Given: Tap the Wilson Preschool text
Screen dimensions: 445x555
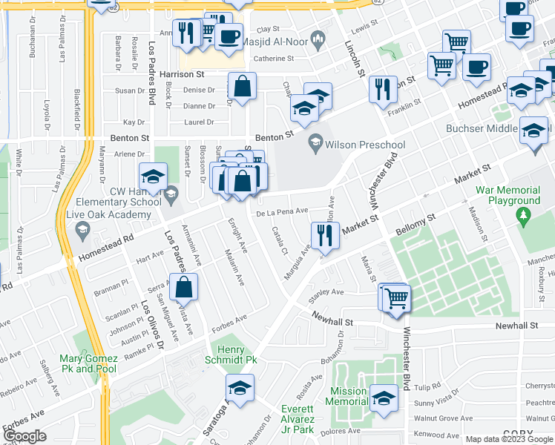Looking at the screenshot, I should [x=367, y=145].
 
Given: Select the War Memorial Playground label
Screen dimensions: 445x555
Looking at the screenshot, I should [x=508, y=195].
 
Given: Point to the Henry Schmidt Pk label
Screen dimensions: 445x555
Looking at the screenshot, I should [x=236, y=355].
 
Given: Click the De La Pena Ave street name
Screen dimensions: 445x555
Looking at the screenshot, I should [x=281, y=211].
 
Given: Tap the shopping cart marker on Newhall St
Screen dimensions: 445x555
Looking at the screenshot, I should [x=397, y=297].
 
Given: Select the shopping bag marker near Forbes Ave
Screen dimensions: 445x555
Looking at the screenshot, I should [x=184, y=286].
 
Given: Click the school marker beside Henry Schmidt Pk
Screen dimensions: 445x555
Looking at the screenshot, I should [x=240, y=388].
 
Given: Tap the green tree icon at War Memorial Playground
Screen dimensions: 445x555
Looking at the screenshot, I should [x=523, y=216].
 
